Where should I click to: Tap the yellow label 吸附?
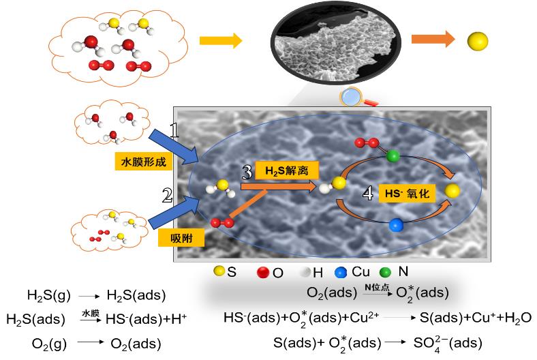(x=177, y=239)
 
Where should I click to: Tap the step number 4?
(x=368, y=194)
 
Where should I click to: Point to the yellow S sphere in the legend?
(x=218, y=272)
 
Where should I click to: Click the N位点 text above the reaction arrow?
(x=376, y=288)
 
